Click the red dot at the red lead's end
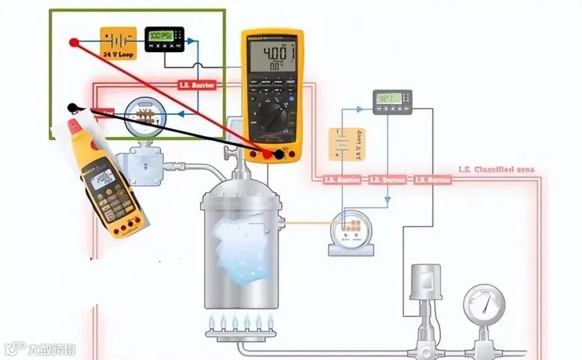(x=74, y=42)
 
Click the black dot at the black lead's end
(x=72, y=108)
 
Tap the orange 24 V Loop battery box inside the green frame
(x=118, y=42)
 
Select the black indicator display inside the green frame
(x=164, y=39)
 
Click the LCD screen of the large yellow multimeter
(x=272, y=56)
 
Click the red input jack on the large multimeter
(x=267, y=155)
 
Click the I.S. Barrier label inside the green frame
(x=197, y=85)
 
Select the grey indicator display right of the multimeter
(x=392, y=101)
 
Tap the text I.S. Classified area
(x=496, y=169)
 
